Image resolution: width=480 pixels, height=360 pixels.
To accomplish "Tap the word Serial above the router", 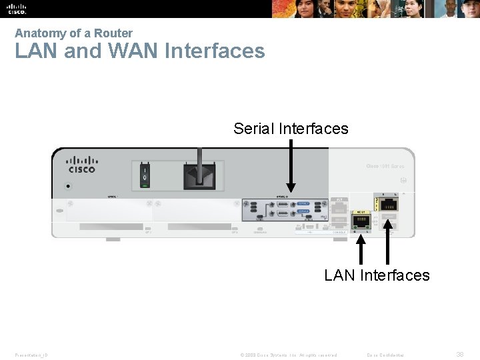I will click(x=253, y=129).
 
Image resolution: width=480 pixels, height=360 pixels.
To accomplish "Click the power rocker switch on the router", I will click(x=145, y=174).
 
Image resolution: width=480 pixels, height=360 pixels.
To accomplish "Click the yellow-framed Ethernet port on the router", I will click(x=361, y=221).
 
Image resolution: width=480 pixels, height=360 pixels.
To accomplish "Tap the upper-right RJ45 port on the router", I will click(x=388, y=203).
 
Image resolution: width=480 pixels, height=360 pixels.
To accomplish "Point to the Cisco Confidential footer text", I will click(x=385, y=355).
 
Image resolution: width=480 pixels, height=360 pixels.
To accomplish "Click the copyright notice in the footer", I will click(x=288, y=355).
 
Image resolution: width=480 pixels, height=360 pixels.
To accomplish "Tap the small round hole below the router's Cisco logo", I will click(x=68, y=187).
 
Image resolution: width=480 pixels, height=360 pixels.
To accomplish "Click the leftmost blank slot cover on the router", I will click(x=109, y=211).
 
